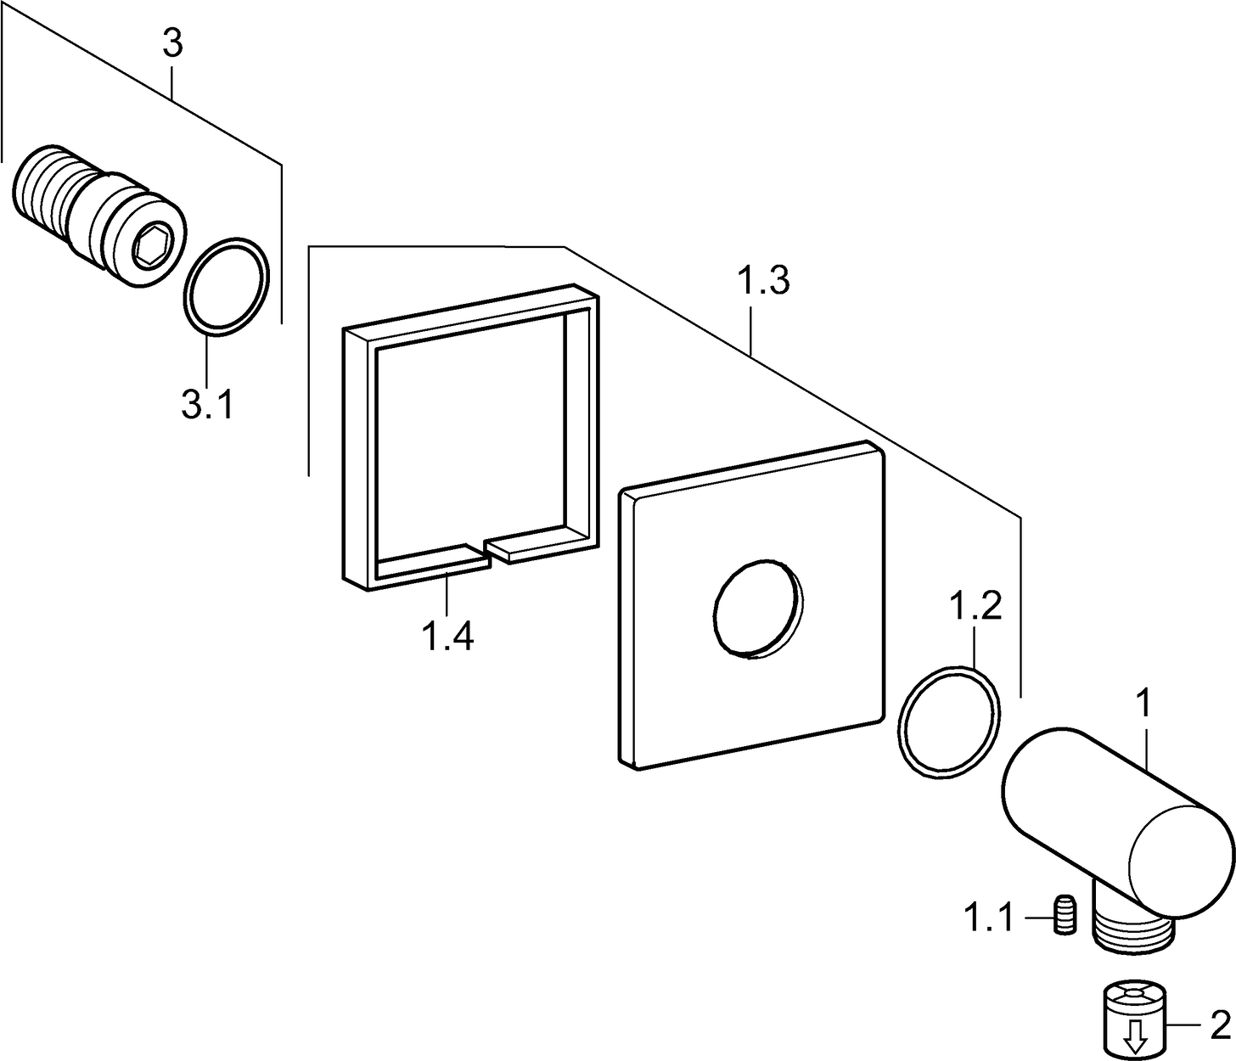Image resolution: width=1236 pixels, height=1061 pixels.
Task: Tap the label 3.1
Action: click(206, 404)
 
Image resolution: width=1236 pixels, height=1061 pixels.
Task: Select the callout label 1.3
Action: click(763, 281)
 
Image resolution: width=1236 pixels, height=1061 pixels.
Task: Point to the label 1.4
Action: click(447, 635)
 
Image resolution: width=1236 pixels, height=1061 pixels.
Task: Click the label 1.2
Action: click(975, 607)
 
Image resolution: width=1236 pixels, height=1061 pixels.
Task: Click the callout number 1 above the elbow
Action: click(1144, 704)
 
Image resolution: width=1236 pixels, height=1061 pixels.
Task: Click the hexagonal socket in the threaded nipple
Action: click(154, 246)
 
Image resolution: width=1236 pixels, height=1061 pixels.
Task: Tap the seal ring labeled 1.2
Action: click(948, 721)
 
